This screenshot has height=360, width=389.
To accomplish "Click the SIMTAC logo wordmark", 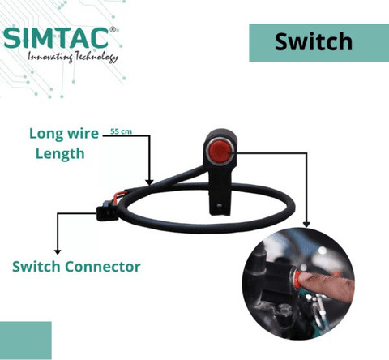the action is [56, 38].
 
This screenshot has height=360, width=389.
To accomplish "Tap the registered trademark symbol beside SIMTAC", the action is [113, 29].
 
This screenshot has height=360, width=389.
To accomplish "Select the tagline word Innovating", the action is [50, 57].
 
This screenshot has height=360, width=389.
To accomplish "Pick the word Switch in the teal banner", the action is [314, 41].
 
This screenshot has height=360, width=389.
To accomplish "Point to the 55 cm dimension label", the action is [122, 131].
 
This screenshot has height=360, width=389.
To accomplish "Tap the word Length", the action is [60, 154].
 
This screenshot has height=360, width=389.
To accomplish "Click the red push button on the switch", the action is [221, 152].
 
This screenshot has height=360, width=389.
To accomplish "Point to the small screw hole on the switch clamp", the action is [220, 206].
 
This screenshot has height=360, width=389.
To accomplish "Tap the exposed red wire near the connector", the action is [119, 195].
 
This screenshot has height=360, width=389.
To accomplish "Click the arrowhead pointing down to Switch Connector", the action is [58, 251].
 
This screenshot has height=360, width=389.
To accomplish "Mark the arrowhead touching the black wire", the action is [149, 182].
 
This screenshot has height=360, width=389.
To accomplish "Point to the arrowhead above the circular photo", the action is [306, 224].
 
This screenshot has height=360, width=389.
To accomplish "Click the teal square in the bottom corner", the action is [26, 341].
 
